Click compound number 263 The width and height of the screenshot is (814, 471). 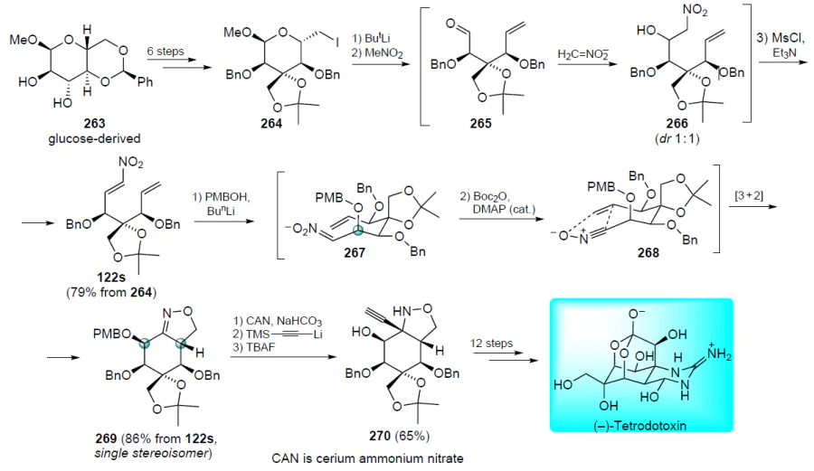click(x=94, y=124)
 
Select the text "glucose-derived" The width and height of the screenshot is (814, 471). click(x=94, y=139)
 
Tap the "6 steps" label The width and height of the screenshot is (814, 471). click(x=166, y=52)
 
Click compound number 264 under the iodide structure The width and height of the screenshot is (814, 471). click(x=271, y=124)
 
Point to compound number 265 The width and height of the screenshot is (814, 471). click(x=481, y=124)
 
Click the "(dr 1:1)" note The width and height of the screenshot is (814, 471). click(x=677, y=139)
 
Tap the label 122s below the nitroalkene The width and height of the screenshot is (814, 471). click(x=111, y=277)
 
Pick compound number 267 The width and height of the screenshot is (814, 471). click(x=355, y=252)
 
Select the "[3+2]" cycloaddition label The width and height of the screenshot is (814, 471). click(x=749, y=195)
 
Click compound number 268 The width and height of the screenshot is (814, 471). click(x=648, y=252)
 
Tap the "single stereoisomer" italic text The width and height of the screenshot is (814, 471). click(x=153, y=453)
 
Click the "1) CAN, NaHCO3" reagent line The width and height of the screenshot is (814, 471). click(x=278, y=321)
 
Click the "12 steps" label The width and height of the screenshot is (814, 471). click(x=491, y=344)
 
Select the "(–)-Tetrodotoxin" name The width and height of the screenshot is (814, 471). click(x=640, y=426)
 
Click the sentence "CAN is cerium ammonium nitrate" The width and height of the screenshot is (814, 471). click(x=367, y=458)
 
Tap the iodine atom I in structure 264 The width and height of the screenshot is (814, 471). click(x=337, y=43)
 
